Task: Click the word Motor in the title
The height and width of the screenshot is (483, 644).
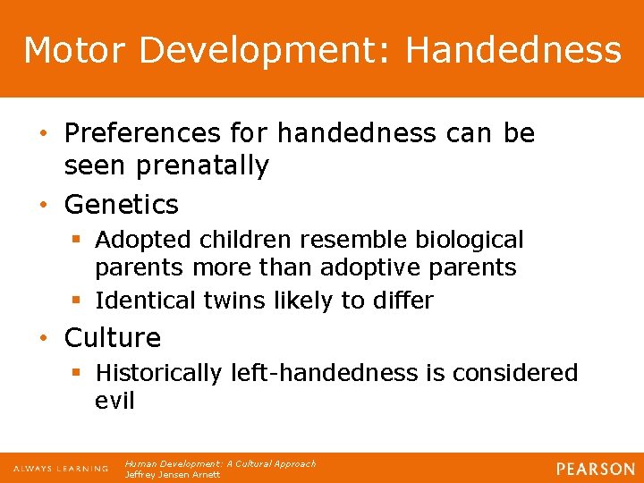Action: pyautogui.click(x=74, y=50)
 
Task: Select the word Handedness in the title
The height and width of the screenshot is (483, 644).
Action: pyautogui.click(x=513, y=50)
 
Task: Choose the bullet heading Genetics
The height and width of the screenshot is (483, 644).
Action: pyautogui.click(x=122, y=205)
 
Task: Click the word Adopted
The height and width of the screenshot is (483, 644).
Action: pyautogui.click(x=138, y=241)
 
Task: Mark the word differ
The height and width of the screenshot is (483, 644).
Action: pyautogui.click(x=402, y=301)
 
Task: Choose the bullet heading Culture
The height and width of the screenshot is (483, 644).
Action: pyautogui.click(x=113, y=338)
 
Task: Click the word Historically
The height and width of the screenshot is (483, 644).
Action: pyautogui.click(x=158, y=372)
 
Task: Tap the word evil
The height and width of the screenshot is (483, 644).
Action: pyautogui.click(x=114, y=400)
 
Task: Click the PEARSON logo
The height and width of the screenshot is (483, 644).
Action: pyautogui.click(x=596, y=469)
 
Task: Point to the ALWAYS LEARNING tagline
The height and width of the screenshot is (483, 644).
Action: pyautogui.click(x=60, y=469)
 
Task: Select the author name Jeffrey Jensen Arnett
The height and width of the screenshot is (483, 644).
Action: pyautogui.click(x=171, y=474)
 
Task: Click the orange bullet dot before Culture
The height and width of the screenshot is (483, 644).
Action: pyautogui.click(x=50, y=338)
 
